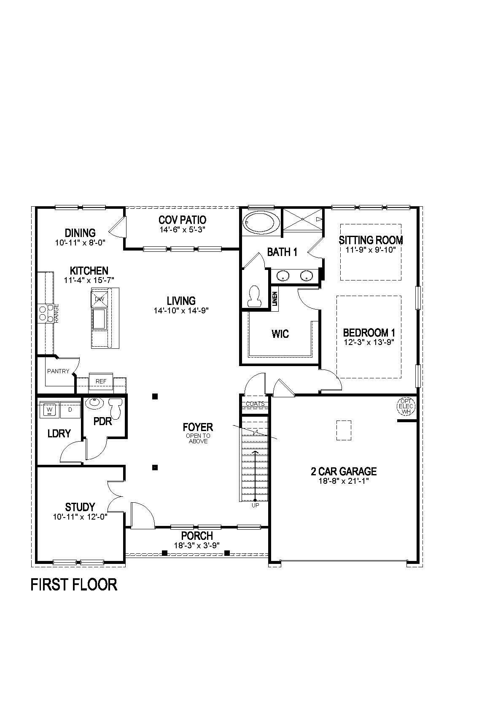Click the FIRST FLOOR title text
pyautogui.click(x=74, y=585)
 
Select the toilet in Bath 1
pyautogui.click(x=255, y=297)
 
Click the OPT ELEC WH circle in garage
pyautogui.click(x=406, y=406)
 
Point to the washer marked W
pyautogui.click(x=50, y=410)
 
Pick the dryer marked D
pyautogui.click(x=70, y=410)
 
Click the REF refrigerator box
pyautogui.click(x=101, y=381)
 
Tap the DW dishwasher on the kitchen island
pyautogui.click(x=100, y=299)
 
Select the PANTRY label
pyautogui.click(x=58, y=371)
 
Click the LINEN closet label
pyautogui.click(x=274, y=299)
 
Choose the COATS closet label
pyautogui.click(x=255, y=404)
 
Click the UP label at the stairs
pyautogui.click(x=256, y=505)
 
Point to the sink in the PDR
pyautogui.click(x=94, y=403)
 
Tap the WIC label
pyautogui.click(x=280, y=334)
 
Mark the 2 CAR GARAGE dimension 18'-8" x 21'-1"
pyautogui.click(x=344, y=481)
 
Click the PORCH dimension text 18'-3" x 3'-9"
pyautogui.click(x=197, y=545)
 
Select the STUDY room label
pyautogui.click(x=80, y=507)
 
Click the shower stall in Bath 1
pyautogui.click(x=303, y=220)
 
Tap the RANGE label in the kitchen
pyautogui.click(x=57, y=314)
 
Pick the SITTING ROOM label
pyautogui.click(x=371, y=240)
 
